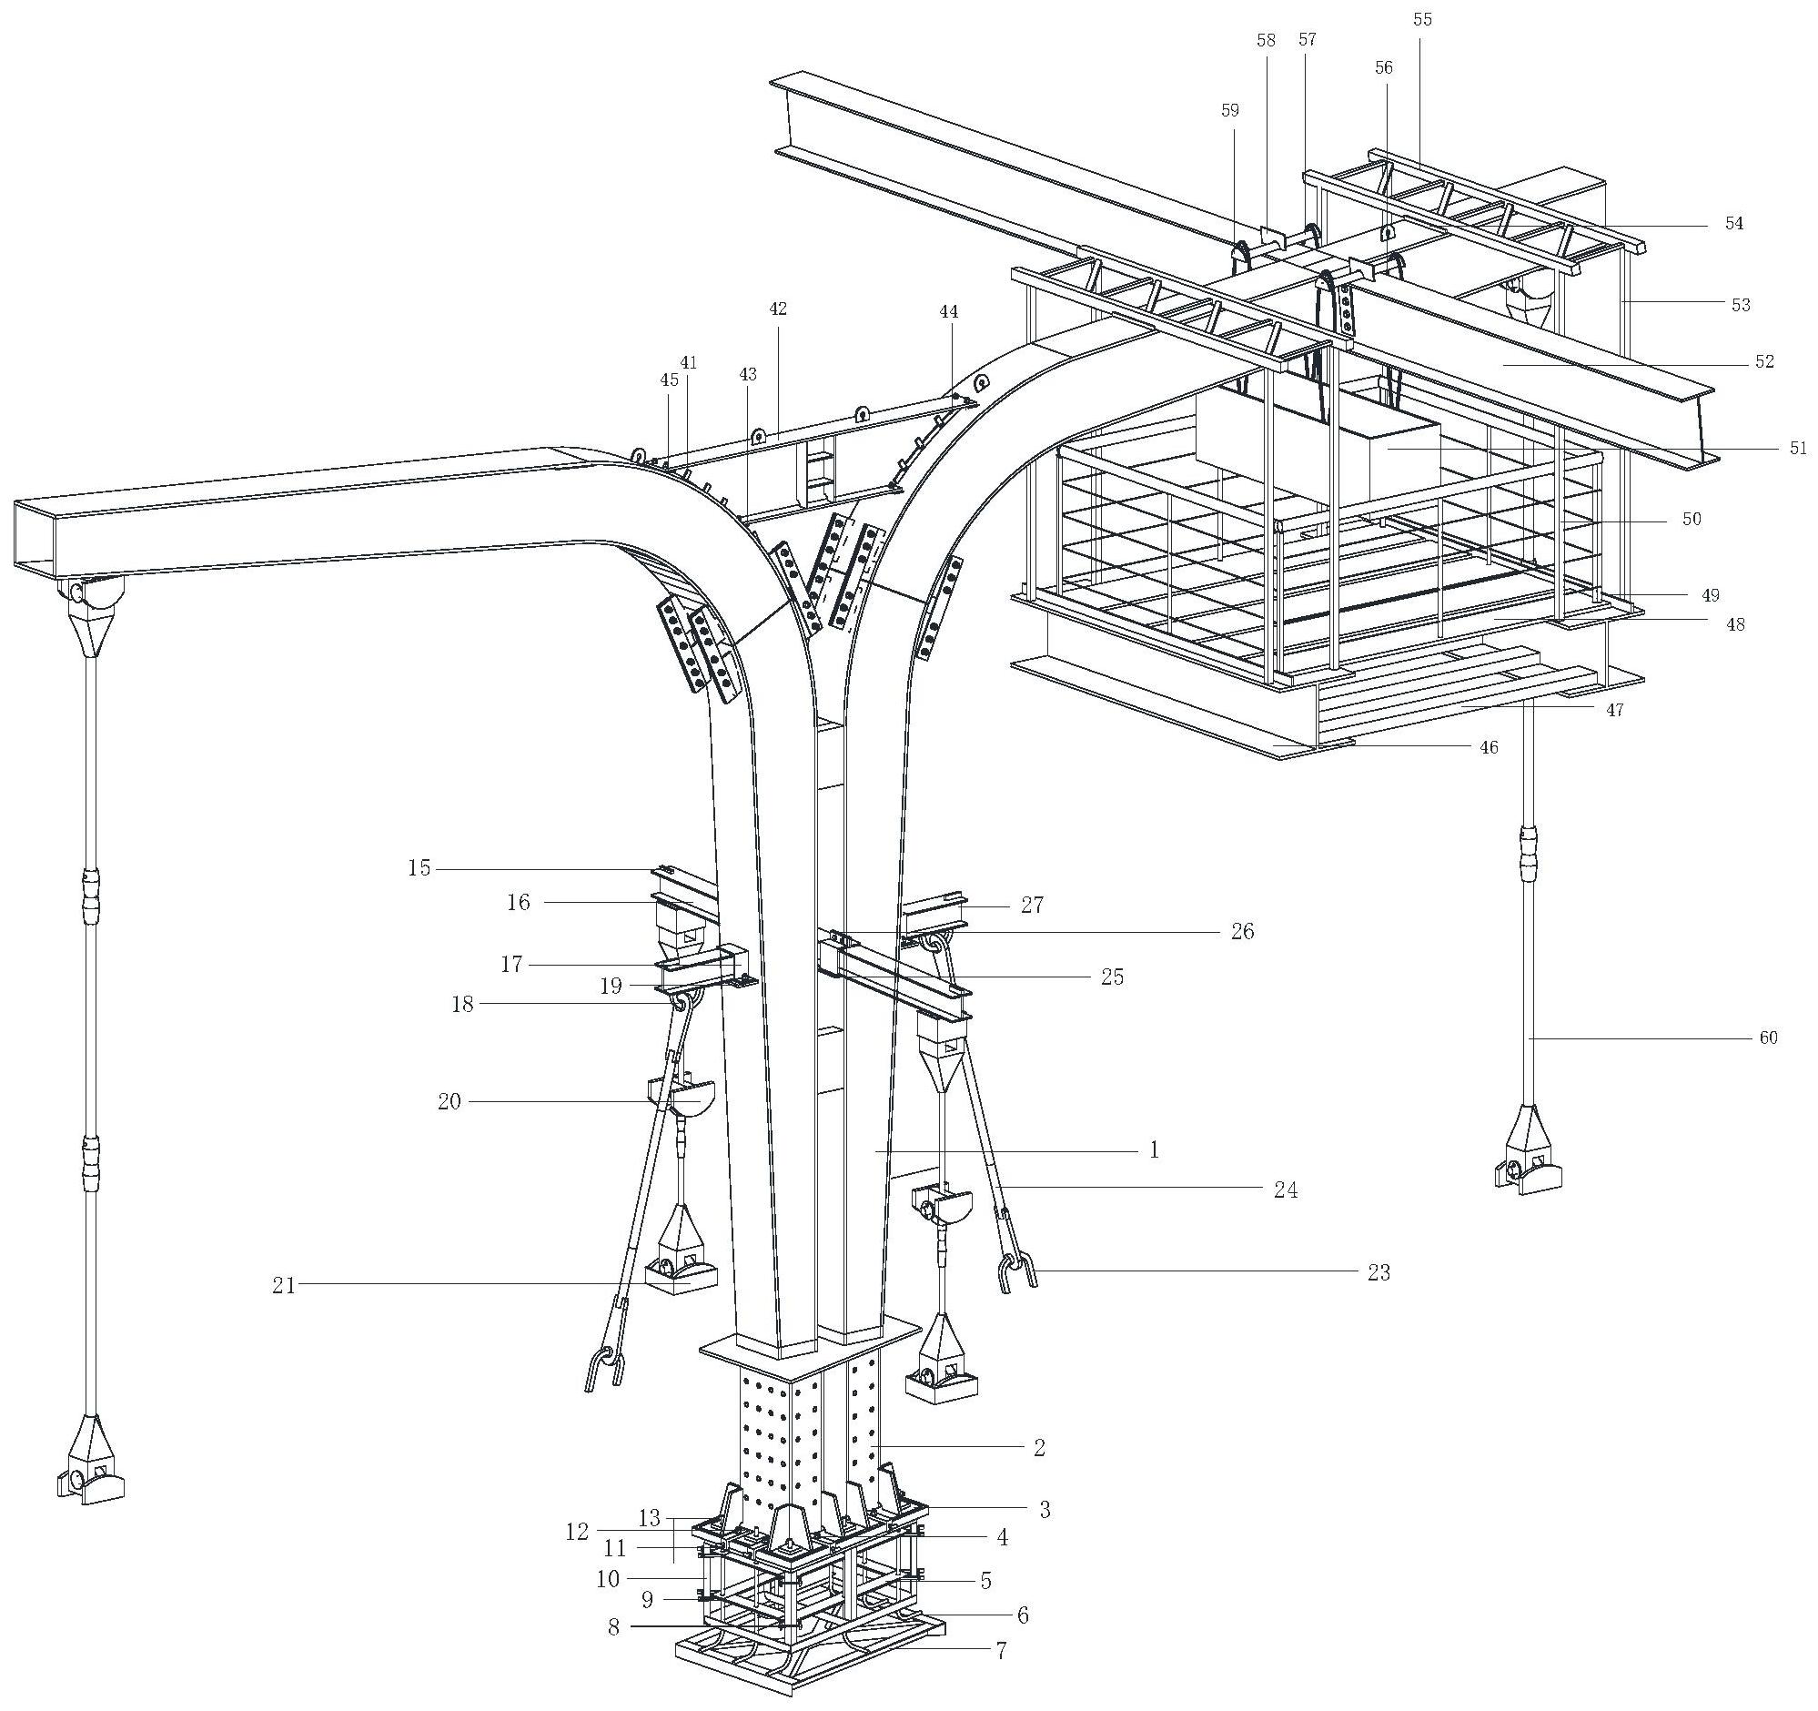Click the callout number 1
[x=1154, y=1149]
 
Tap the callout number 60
[x=1769, y=1037]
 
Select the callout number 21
[x=284, y=1285]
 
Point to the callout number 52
[x=1764, y=361]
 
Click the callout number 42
[x=777, y=309]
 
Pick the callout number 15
[x=419, y=867]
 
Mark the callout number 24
[x=1286, y=1190]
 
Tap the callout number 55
[x=1422, y=19]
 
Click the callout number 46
[x=1490, y=747]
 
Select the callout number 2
[x=1039, y=1447]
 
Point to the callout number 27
[x=1032, y=905]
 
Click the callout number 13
[x=650, y=1518]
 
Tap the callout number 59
[x=1230, y=111]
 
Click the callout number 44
[x=948, y=312]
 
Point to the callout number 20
[x=449, y=1102]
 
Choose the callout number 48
[x=1735, y=624]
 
